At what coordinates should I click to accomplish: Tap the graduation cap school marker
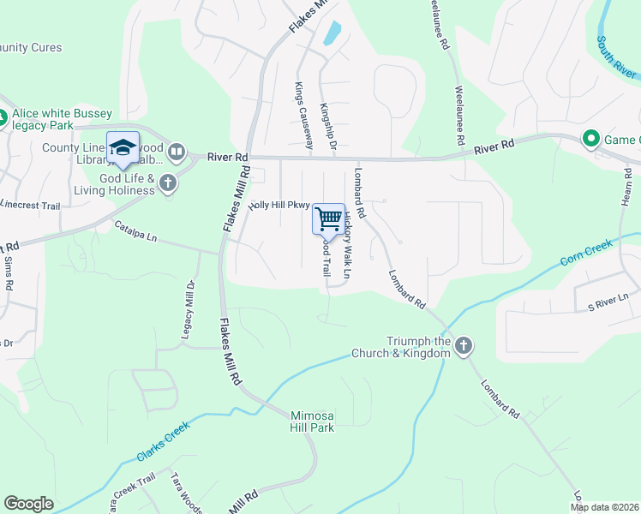coord(123,147)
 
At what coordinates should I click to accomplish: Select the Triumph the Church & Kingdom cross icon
coord(463,346)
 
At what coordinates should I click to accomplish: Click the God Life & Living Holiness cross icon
coord(168,182)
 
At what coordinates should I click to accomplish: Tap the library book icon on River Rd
coord(177,152)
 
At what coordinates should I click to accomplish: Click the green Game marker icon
coord(590,139)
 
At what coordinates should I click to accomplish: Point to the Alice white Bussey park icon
coord(3,119)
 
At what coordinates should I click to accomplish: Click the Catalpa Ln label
coord(137,231)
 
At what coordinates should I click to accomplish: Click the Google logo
coord(28,504)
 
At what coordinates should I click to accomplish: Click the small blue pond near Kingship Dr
coord(331,33)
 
